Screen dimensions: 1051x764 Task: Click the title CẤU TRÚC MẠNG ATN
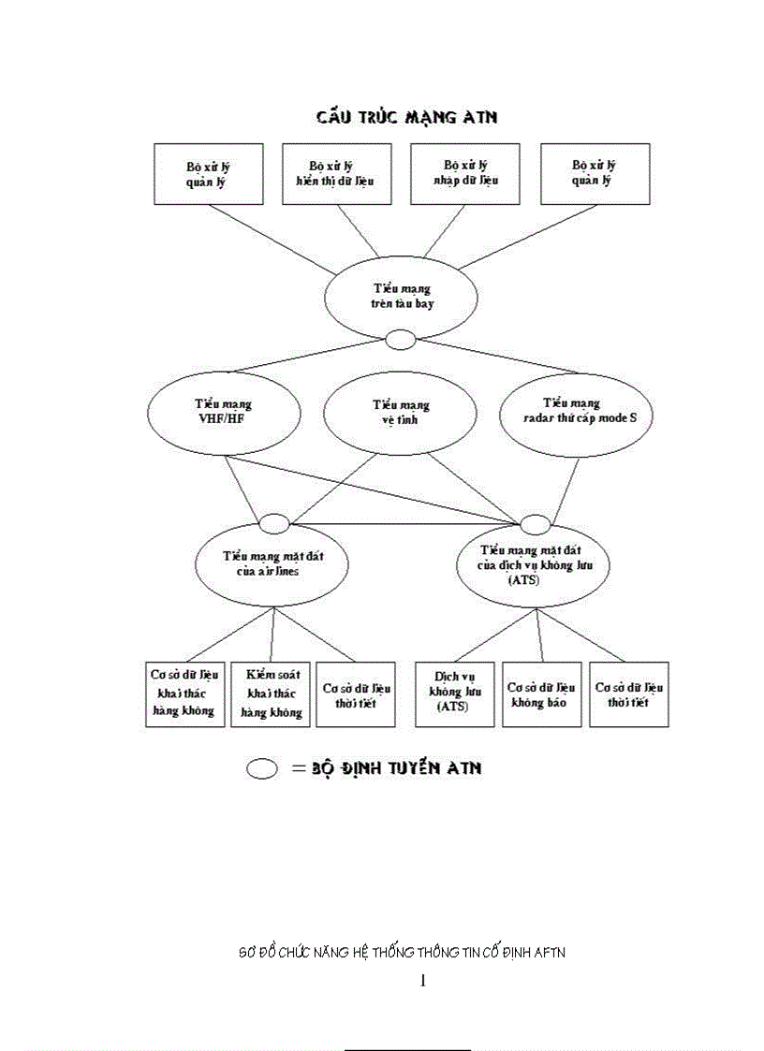[x=405, y=117]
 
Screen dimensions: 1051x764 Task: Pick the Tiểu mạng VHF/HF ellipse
[x=223, y=413]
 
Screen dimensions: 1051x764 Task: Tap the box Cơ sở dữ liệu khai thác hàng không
[x=184, y=693]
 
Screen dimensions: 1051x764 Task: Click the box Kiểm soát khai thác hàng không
[x=272, y=693]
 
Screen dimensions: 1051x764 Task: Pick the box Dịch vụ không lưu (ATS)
[x=454, y=693]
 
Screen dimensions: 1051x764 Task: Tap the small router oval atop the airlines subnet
[x=274, y=522]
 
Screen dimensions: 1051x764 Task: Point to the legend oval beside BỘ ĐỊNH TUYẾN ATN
[x=262, y=768]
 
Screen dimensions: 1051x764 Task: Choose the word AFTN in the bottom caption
[x=547, y=953]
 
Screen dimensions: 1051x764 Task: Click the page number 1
[x=423, y=981]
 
